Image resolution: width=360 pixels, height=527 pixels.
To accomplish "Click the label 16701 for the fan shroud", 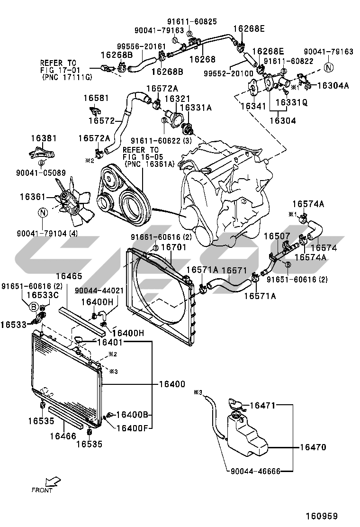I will (x=173, y=247).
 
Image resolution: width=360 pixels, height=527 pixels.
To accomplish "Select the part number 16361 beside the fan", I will (x=33, y=195).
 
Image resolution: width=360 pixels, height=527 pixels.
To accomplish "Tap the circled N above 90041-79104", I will (x=42, y=213).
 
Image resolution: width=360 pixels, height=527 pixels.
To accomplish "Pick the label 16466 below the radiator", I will (x=63, y=435).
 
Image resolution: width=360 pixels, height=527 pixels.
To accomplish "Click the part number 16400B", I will (x=133, y=415).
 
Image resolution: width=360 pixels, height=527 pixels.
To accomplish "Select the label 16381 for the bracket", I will (x=44, y=139).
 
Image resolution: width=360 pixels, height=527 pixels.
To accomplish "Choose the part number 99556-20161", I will (x=142, y=46).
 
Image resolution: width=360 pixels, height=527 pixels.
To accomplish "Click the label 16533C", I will (x=42, y=295).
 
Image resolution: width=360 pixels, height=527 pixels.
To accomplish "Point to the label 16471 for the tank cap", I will (x=262, y=405).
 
